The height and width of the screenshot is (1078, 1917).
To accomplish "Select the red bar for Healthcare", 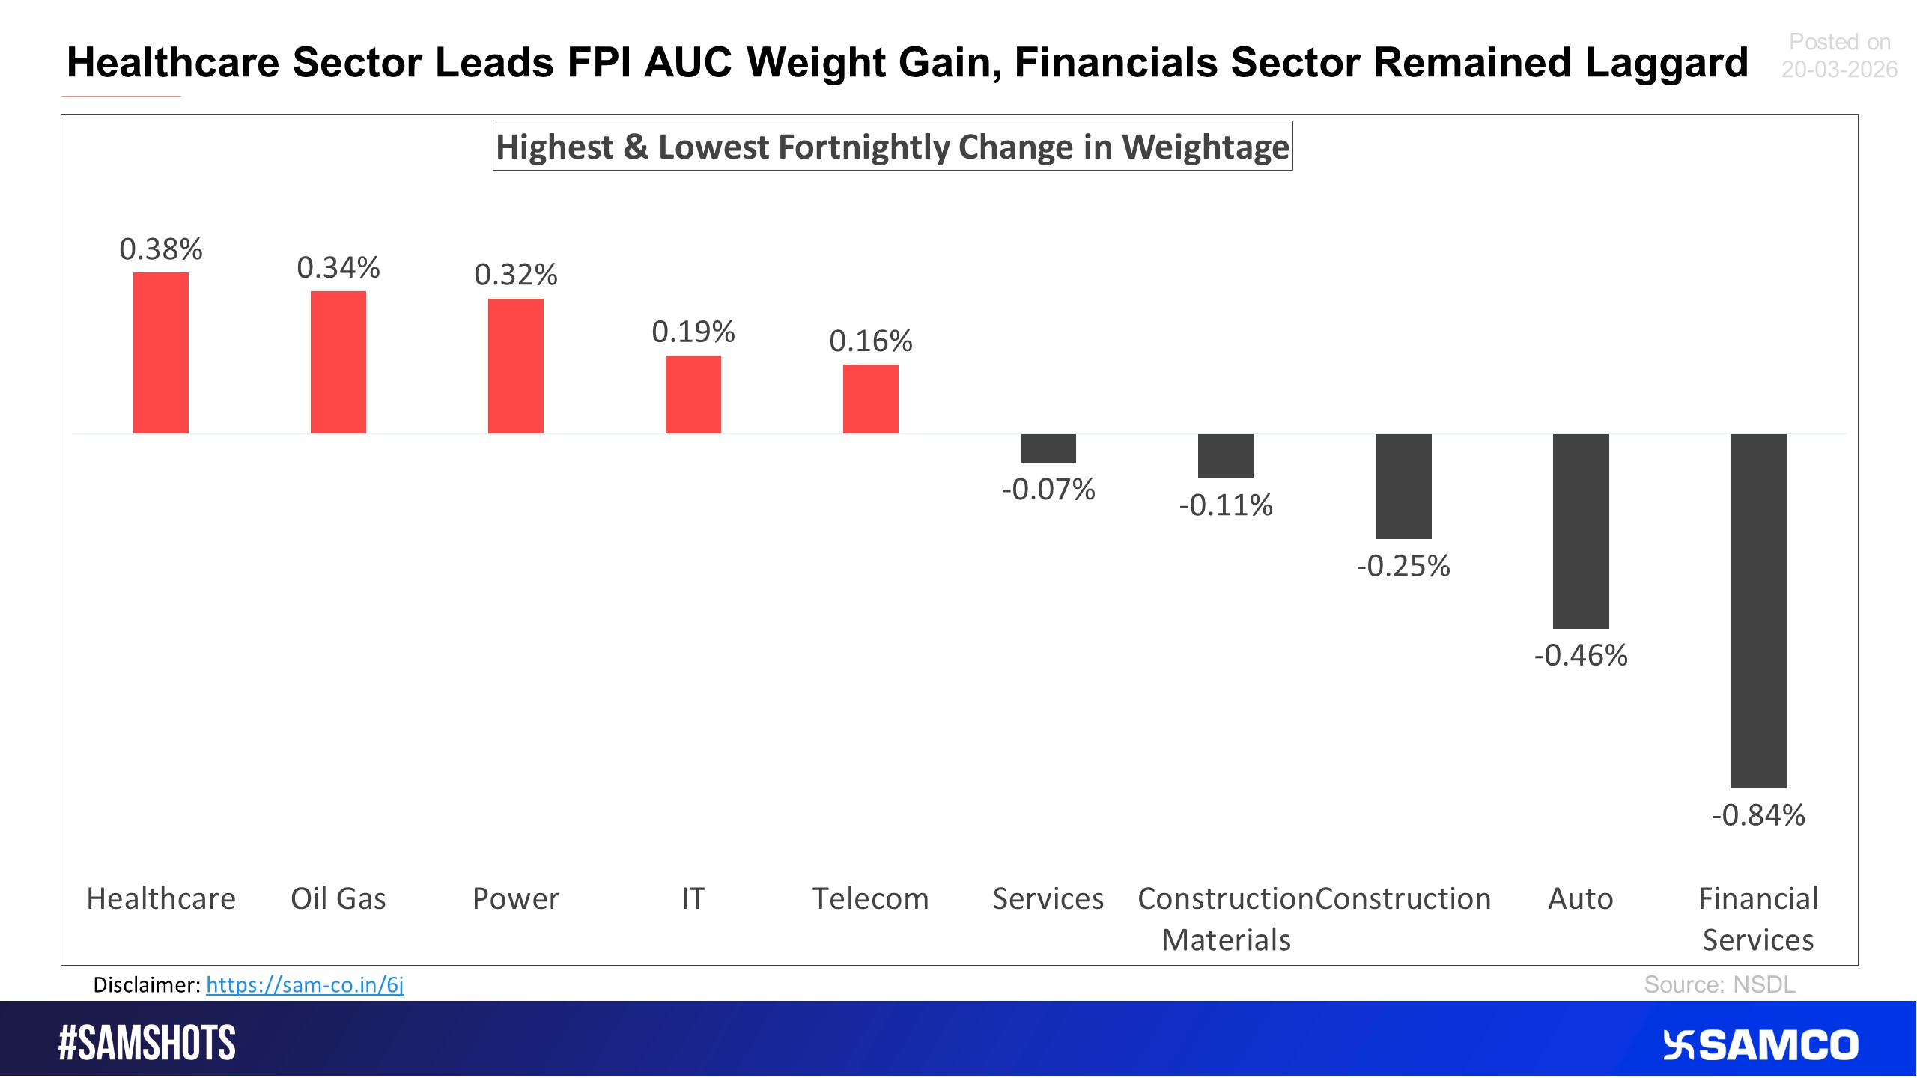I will (x=161, y=353).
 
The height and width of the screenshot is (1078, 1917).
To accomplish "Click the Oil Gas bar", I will (x=338, y=362).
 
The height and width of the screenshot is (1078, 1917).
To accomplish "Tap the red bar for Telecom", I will (x=870, y=399).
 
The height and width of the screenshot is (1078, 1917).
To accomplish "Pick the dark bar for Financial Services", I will (x=1757, y=610).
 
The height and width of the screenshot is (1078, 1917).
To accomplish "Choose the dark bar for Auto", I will (x=1580, y=531).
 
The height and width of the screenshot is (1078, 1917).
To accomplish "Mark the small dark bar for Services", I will (x=1048, y=448).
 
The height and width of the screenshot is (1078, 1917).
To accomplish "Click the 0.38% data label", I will (x=161, y=249).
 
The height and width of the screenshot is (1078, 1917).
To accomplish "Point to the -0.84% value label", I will (x=1757, y=815).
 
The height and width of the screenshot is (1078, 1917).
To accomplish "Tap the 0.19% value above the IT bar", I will (x=693, y=332).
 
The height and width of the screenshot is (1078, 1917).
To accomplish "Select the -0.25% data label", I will (x=1403, y=566).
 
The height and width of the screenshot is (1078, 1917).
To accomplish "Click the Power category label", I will (x=516, y=898).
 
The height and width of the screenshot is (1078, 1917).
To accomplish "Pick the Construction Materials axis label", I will (x=1226, y=919).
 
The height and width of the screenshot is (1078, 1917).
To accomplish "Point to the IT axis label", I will (x=693, y=898).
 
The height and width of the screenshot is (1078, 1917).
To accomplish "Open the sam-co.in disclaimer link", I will (x=305, y=985).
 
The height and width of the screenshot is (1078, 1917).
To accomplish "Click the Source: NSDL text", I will (x=1719, y=984).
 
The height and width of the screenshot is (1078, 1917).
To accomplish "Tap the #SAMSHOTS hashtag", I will (x=148, y=1043).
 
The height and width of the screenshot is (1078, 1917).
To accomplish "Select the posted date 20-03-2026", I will (x=1838, y=70).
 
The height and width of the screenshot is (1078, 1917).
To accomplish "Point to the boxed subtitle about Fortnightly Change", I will (x=893, y=147).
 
